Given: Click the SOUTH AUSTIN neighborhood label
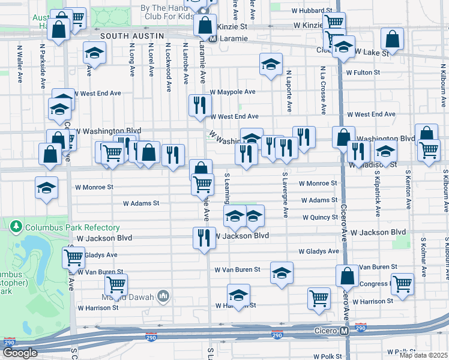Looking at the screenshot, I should (x=131, y=37).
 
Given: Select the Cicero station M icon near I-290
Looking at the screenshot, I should (x=345, y=331).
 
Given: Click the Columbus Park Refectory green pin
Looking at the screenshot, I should (x=16, y=227).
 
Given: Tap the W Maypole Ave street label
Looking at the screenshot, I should (x=232, y=92).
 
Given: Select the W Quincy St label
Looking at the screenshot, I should (x=320, y=217).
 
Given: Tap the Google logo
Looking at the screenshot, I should (x=20, y=353).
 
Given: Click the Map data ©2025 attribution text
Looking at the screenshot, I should (x=423, y=355).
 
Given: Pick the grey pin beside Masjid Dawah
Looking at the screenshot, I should (x=162, y=295).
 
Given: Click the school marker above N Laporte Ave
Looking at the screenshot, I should (x=271, y=63).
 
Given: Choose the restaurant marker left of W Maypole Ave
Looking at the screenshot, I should (x=199, y=105).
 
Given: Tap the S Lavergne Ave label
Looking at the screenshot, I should (x=285, y=195).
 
